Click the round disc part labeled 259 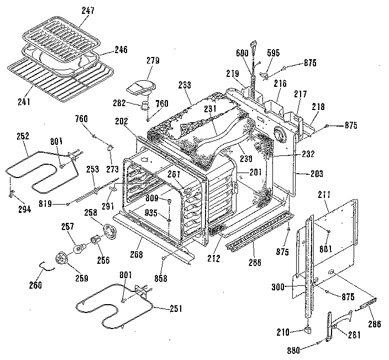(62, 259)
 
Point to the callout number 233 (185, 85)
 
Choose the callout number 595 (274, 53)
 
